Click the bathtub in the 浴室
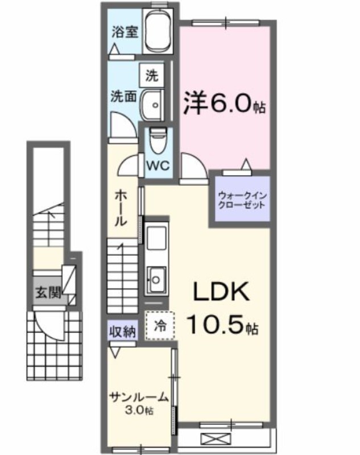[x=158, y=32]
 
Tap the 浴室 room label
[x=123, y=32]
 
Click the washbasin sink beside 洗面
[x=152, y=104]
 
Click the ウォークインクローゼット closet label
[x=242, y=200]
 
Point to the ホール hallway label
[x=121, y=208]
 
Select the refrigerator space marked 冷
[x=160, y=326]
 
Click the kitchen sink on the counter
[x=155, y=279]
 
